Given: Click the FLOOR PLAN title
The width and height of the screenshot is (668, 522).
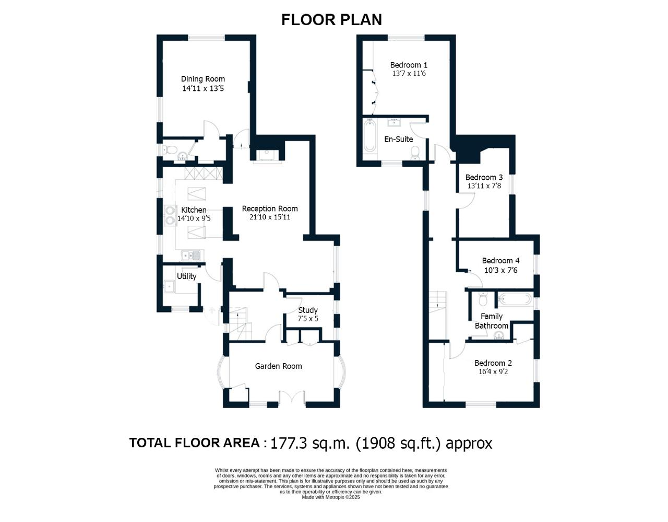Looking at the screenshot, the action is coord(332,20).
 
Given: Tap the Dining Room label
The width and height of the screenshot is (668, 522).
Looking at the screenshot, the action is coord(203,79).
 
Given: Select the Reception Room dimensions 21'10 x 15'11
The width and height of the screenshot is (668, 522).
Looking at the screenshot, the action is coord(270,217).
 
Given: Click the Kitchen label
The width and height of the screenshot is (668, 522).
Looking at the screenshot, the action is coord(194,210).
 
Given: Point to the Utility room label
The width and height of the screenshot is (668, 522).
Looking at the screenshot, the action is coord(187,276).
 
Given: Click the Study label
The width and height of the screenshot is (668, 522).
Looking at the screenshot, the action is coord(308,310).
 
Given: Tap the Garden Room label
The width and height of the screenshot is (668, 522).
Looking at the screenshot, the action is coord(279,366).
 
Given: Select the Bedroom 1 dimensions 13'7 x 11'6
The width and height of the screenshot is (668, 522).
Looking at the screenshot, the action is coord(409,74).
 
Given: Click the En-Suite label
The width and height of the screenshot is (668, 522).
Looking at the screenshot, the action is coord(398,139).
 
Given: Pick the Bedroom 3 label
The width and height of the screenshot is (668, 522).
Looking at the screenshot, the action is coord(484,177).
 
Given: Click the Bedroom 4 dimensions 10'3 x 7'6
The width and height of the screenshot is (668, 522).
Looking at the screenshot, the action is coord(501,270).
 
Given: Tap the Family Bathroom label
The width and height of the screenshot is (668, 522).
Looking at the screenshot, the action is coord(492,321).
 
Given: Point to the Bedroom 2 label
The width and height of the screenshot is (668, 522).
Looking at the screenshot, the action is coord(493,363).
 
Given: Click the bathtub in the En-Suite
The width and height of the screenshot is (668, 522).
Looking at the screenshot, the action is coord(370,136).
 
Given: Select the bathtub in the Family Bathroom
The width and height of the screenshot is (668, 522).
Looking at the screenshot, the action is coord(515,298).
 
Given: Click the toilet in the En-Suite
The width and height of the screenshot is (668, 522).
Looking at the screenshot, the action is coord(415,153).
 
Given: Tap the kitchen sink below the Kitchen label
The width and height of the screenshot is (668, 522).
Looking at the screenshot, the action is coord(190,255).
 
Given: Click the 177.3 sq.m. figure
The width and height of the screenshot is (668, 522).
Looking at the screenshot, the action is coord(310,443).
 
